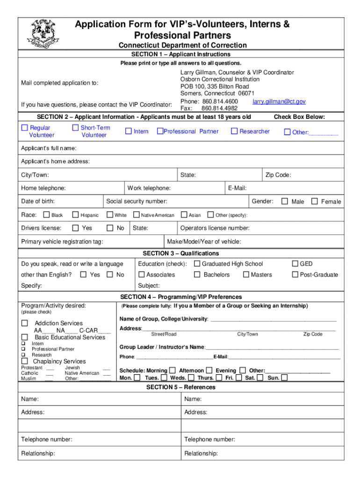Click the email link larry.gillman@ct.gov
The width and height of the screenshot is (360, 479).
279,102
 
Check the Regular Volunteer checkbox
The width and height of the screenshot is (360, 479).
25,128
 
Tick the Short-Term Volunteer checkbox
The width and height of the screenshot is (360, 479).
75,128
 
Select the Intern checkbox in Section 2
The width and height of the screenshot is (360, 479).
128,131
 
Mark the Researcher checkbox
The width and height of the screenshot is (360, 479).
234,131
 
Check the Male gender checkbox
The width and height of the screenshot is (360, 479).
284,202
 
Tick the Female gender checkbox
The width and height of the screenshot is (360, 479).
315,202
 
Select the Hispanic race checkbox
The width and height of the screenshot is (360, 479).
75,215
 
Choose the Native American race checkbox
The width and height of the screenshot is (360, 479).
136,215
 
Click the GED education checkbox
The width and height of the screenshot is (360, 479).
295,264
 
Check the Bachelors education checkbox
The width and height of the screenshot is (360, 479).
197,275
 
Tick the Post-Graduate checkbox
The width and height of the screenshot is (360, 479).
295,275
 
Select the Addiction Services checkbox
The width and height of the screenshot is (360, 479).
25,323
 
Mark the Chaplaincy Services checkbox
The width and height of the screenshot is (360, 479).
25,361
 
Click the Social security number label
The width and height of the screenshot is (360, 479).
137,202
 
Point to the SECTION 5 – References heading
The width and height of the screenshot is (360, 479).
180,387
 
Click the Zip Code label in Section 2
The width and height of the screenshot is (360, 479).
278,175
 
